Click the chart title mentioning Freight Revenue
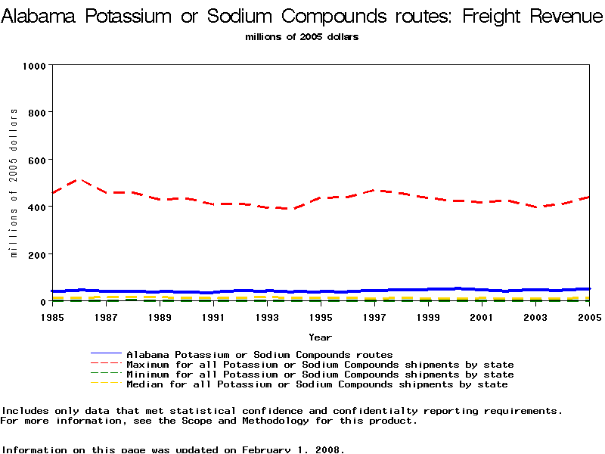(x=302, y=17)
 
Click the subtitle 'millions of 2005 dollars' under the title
(x=302, y=36)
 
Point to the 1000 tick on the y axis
(x=35, y=66)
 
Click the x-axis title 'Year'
(x=320, y=337)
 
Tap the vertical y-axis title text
(x=14, y=182)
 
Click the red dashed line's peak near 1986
(x=79, y=179)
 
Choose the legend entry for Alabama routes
(x=259, y=354)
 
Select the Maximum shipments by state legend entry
(x=320, y=365)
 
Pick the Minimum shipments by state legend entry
(x=320, y=375)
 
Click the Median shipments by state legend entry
(x=317, y=384)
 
